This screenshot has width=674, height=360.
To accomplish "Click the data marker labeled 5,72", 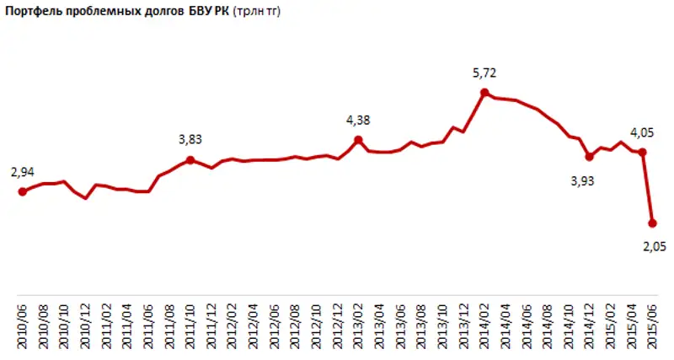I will pos(484,93).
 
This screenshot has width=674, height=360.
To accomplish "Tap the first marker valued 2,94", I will pos(22,191).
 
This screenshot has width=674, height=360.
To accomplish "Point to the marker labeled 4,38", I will pos(358,140).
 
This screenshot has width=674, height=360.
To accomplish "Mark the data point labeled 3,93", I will pos(589,157).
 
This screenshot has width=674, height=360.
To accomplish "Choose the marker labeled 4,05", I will pos(642,153).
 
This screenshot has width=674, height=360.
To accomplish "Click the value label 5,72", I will pos(484,73).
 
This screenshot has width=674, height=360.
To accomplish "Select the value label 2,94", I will pos(23,172).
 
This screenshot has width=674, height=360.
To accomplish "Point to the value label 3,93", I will pos(581,180).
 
